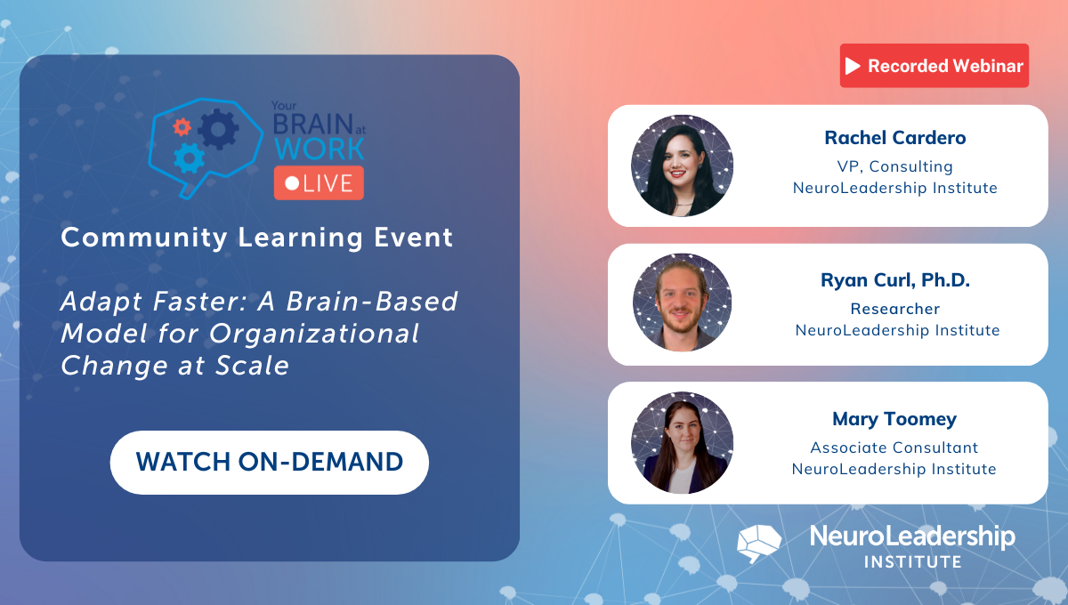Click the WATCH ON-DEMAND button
click(269, 462)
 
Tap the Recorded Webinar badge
click(934, 66)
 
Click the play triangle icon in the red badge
click(854, 66)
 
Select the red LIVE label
click(319, 182)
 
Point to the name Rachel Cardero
click(894, 138)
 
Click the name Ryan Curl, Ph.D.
click(895, 280)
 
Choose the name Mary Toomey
click(894, 419)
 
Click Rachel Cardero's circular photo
click(682, 165)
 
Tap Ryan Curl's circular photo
click(682, 302)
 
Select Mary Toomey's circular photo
click(682, 442)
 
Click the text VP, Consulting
click(894, 166)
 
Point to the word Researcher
click(894, 309)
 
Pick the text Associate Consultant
click(894, 448)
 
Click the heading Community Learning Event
click(257, 238)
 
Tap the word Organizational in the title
click(328, 334)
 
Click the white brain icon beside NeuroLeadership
click(759, 542)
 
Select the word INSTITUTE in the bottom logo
click(912, 562)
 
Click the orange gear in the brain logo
click(182, 126)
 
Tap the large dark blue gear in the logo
click(218, 131)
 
